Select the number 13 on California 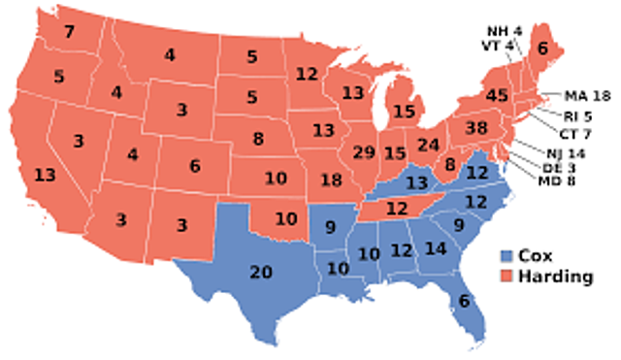[44, 175]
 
